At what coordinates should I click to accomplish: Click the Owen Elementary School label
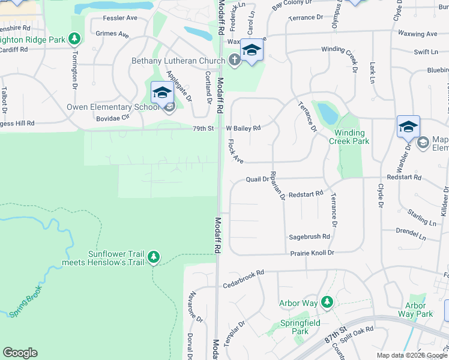coord(112,107)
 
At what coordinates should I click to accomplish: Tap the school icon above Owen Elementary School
coord(161,92)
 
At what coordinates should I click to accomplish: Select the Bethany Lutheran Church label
coord(179,61)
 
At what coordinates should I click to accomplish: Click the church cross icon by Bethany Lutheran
coord(234,60)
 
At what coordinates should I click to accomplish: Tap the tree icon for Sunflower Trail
coord(154,257)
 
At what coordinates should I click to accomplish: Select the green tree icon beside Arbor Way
coord(327,301)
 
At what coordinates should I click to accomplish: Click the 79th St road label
coord(202,128)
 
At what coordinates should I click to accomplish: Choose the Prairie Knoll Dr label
coord(312,253)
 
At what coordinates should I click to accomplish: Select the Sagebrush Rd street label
coord(310,236)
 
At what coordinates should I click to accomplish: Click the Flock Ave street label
coord(235,151)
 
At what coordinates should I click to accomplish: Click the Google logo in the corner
coord(20,352)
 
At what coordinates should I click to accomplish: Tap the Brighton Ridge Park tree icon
coord(74,39)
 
